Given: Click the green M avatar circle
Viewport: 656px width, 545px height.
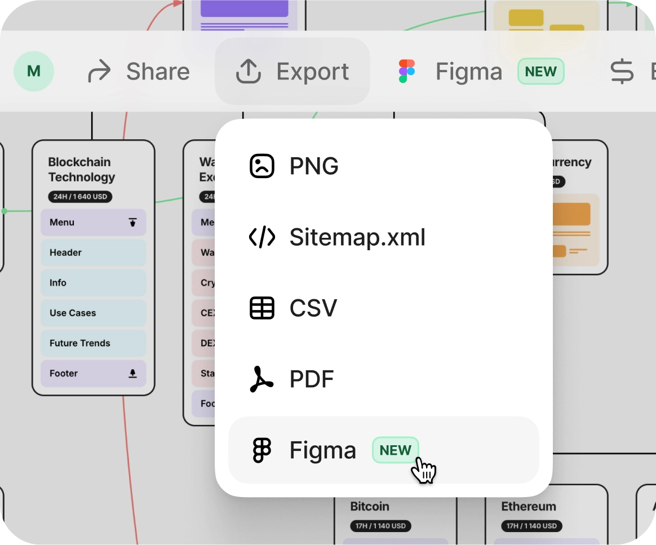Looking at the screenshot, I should tap(34, 72).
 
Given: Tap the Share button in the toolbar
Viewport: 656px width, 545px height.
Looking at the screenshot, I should tap(139, 72).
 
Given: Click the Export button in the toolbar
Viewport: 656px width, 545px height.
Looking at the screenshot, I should tap(292, 72).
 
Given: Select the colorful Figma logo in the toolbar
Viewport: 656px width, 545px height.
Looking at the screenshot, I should tap(406, 72).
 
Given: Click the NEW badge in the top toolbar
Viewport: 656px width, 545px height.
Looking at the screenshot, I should tap(540, 72).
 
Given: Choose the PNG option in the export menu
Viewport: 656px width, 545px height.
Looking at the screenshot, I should tap(314, 166).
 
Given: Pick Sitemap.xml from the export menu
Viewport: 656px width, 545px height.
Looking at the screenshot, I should tap(357, 237).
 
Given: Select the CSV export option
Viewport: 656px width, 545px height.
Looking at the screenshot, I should tap(313, 308).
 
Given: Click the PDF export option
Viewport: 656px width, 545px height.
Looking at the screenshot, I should tap(312, 379).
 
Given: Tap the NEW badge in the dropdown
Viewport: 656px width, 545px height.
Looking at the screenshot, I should tap(395, 450).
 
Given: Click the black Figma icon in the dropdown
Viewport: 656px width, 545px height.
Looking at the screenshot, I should tap(261, 450).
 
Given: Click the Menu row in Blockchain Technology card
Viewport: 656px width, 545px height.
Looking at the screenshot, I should tap(93, 222).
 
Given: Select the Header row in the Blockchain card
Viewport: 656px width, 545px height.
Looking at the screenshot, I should tap(93, 252).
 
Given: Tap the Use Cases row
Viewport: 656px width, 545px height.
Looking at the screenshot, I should tap(93, 313).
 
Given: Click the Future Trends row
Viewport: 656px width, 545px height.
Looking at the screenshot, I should tap(93, 343).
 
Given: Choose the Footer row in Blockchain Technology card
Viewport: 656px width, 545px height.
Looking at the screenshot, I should tap(93, 373).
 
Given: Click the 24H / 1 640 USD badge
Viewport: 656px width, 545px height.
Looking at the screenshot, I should tap(80, 197).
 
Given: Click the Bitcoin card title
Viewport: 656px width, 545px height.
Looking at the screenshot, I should tap(370, 506).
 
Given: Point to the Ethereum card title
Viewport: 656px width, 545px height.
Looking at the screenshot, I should tap(529, 506).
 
